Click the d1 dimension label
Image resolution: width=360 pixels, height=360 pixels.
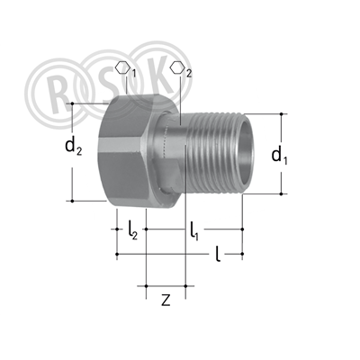click(279, 156)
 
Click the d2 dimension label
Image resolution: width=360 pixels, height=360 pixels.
click(73, 147)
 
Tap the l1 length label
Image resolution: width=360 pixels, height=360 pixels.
click(193, 231)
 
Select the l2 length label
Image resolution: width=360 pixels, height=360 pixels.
click(132, 230)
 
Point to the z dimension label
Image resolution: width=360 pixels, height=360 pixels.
click(166, 300)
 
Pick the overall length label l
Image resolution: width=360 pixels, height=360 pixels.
click(218, 254)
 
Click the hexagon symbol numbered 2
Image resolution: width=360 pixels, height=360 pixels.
click(181, 69)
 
